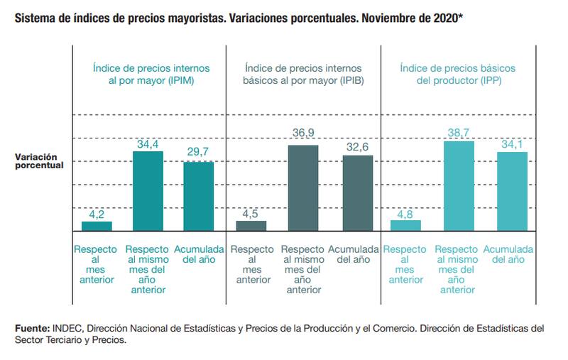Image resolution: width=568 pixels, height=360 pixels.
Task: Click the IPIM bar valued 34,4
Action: pos(148,191)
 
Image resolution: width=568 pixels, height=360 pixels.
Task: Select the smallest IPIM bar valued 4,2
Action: pos(97,227)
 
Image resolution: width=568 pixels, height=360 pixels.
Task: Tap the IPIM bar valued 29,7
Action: pos(199,197)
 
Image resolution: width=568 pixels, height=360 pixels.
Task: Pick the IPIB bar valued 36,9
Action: pos(302,188)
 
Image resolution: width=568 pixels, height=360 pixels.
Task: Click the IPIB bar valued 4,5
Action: pos(251,226)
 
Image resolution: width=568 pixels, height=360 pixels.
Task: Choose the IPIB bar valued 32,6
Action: pos(358,193)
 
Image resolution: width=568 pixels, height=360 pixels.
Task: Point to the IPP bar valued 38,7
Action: pos(458,186)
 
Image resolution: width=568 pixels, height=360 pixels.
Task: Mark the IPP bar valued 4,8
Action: pos(405,225)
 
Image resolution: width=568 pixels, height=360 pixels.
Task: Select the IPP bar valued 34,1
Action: pos(512,192)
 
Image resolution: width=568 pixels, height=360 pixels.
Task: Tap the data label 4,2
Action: pos(97,214)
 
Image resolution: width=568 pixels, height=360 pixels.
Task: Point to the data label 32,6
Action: pos(358,148)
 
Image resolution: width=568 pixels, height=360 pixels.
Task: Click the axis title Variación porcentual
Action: pos(37,160)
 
